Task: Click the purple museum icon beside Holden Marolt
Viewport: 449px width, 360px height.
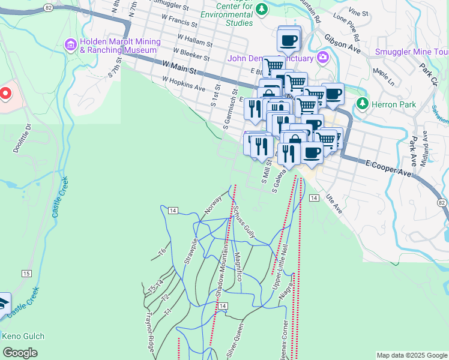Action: click(x=71, y=45)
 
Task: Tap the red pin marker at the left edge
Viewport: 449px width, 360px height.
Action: click(x=5, y=93)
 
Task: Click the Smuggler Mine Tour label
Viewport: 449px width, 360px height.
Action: click(x=411, y=52)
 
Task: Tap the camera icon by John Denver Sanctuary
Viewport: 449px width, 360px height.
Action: click(x=323, y=58)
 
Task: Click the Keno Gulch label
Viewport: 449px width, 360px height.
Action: click(x=23, y=336)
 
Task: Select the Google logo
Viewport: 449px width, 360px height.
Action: click(x=20, y=353)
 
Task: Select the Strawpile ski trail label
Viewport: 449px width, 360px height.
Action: click(x=190, y=252)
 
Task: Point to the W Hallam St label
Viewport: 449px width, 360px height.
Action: click(x=193, y=41)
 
